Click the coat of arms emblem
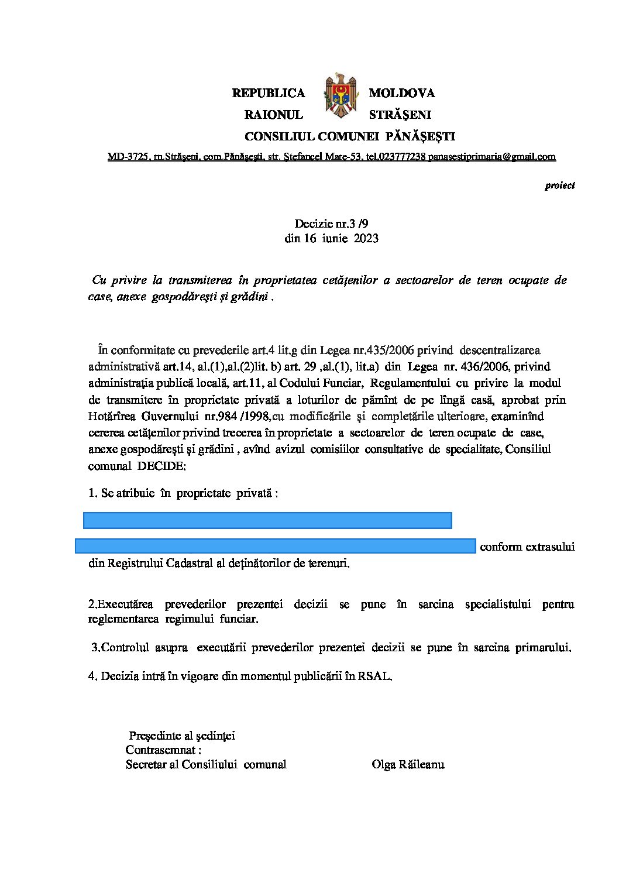tap(340, 95)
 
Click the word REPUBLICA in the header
tap(269, 93)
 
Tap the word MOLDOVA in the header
tap(402, 93)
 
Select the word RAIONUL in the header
tap(274, 115)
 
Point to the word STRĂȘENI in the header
tap(400, 115)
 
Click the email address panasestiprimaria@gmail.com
tap(492, 157)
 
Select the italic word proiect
tap(560, 185)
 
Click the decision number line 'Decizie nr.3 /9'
tap(332, 224)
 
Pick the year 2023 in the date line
tap(366, 239)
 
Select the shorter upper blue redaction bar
tap(267, 520)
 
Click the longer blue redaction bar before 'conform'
tap(275, 546)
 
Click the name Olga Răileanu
tap(408, 765)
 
